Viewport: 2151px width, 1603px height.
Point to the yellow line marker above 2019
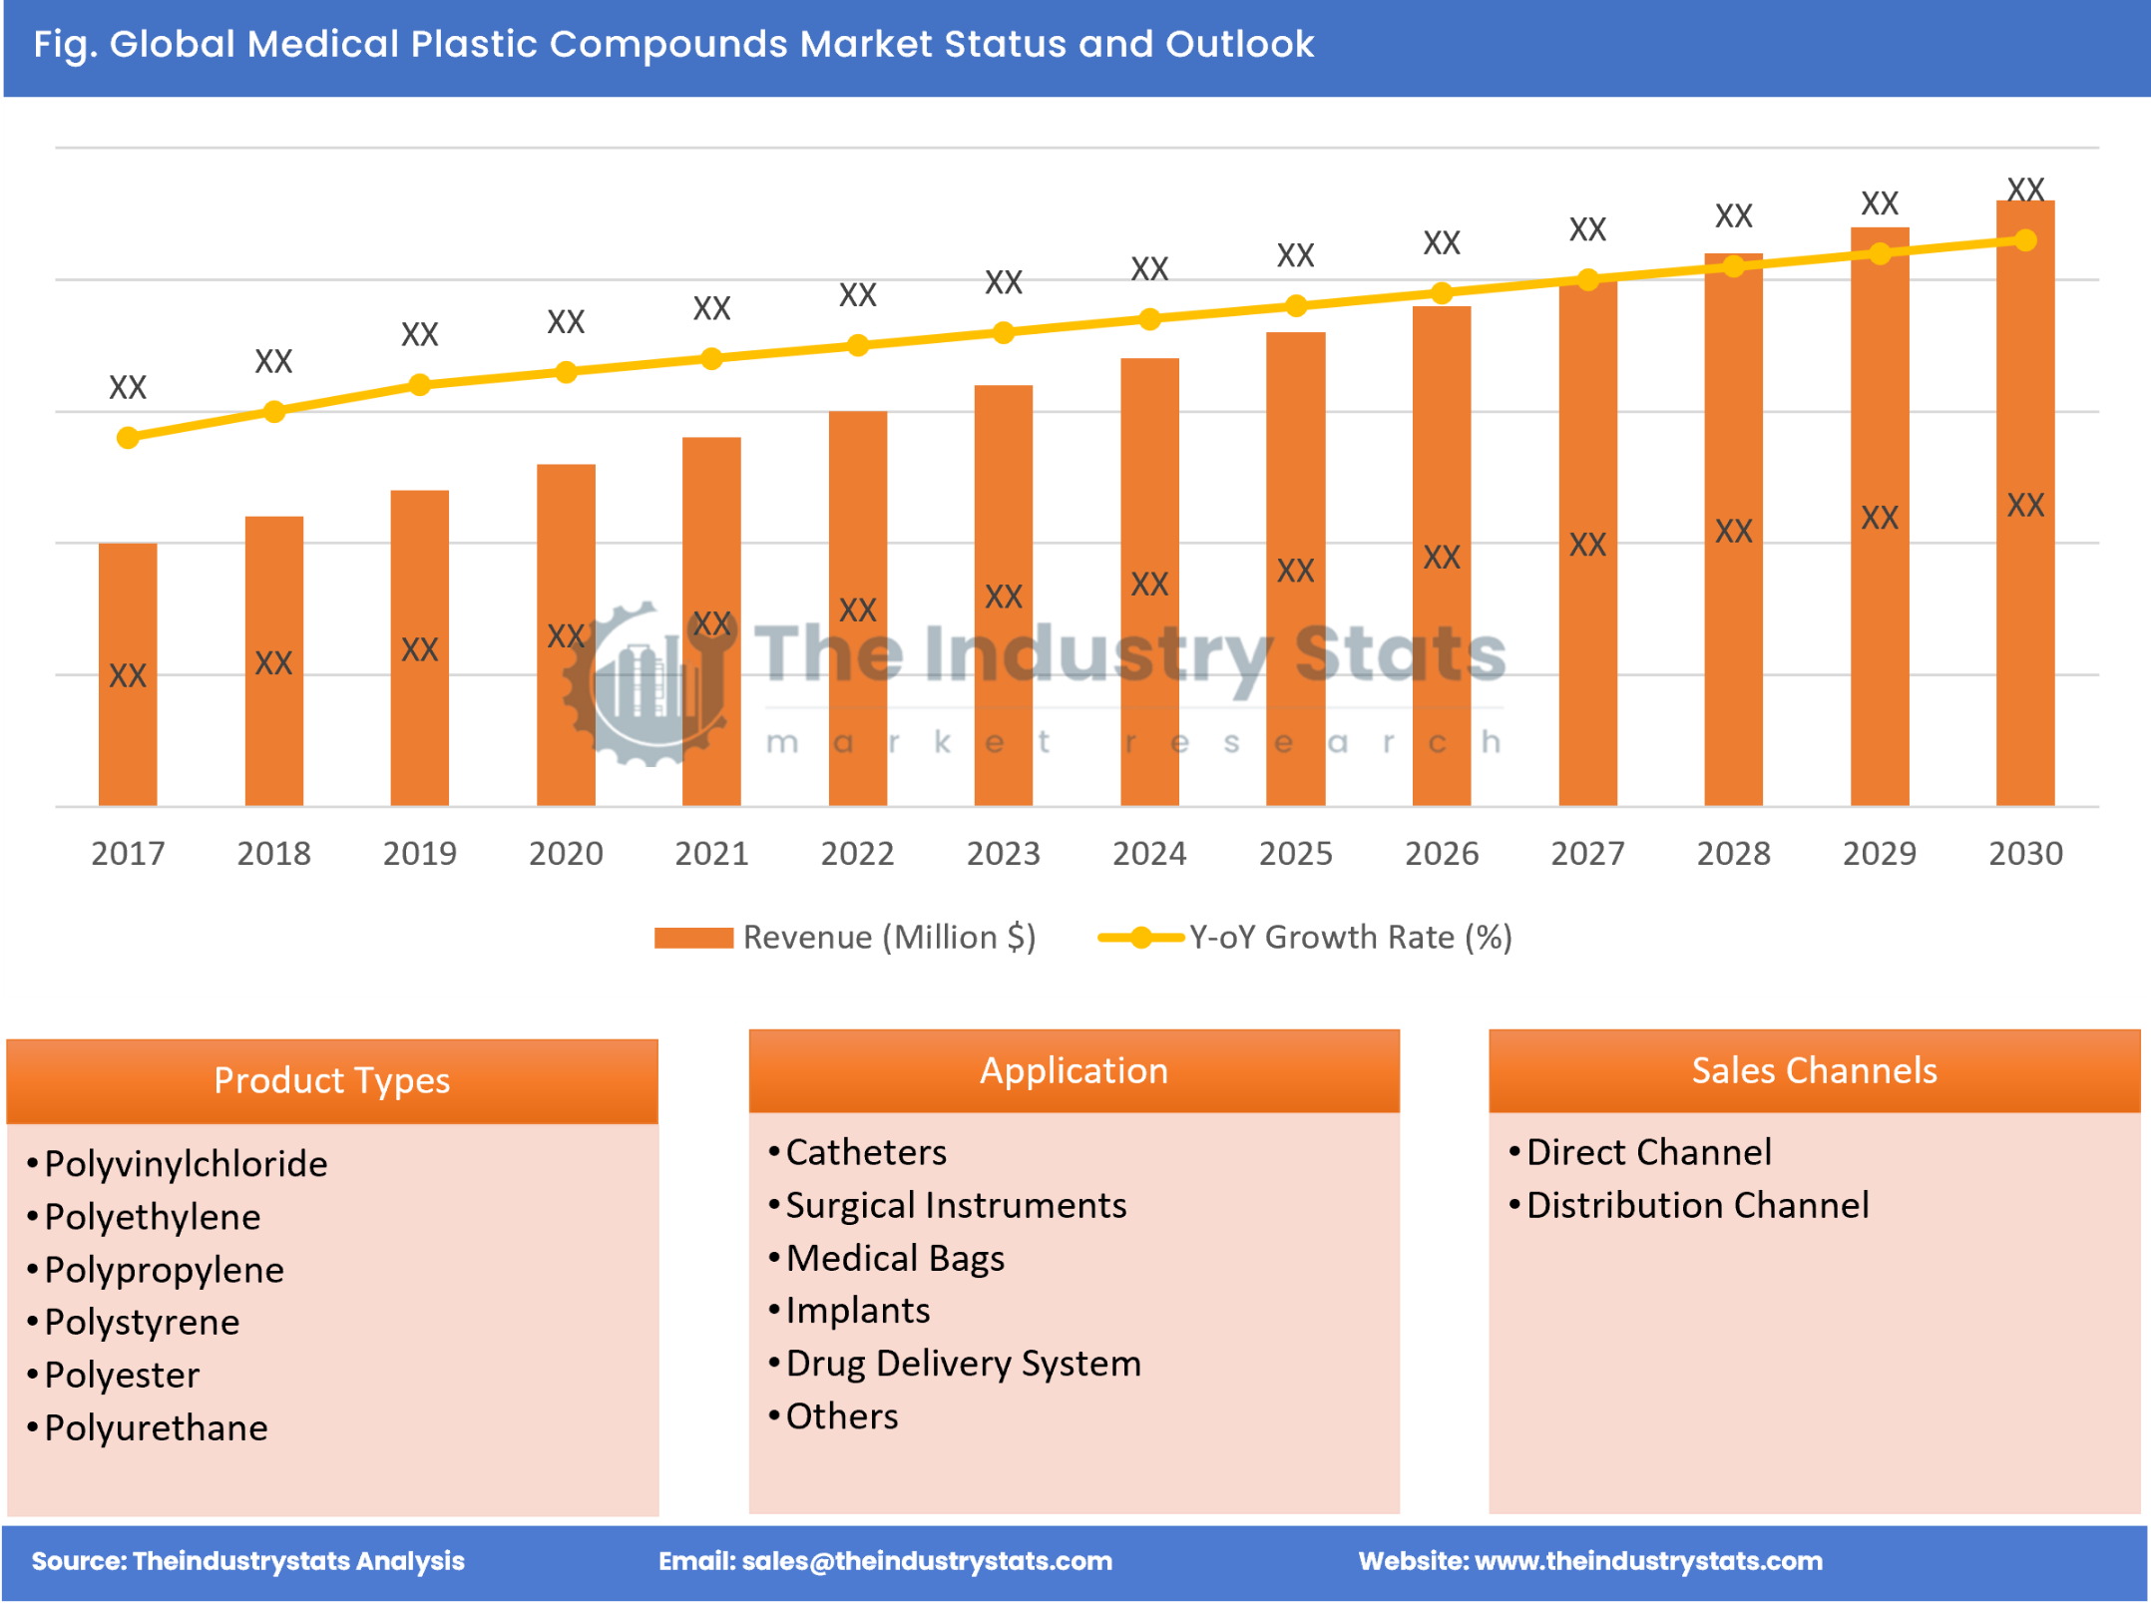coord(420,385)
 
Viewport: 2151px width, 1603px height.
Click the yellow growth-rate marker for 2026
coord(1442,293)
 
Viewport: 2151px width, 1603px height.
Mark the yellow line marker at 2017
coord(128,438)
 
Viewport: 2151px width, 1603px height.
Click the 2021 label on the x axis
coord(711,854)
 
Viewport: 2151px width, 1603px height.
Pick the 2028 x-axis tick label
coord(1733,854)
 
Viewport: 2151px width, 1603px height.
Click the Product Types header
coord(332,1080)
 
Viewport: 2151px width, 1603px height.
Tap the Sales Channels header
coord(1814,1070)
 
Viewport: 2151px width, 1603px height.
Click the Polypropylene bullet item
coord(165,1270)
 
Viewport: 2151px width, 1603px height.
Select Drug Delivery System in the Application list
coord(963,1364)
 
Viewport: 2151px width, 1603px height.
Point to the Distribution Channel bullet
coord(1697,1205)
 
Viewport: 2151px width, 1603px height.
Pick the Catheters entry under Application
coord(866,1152)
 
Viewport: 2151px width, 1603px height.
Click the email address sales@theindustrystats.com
coord(927,1561)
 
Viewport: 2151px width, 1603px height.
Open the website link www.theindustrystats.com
coord(1648,1561)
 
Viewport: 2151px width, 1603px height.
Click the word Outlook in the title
coord(1240,44)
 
